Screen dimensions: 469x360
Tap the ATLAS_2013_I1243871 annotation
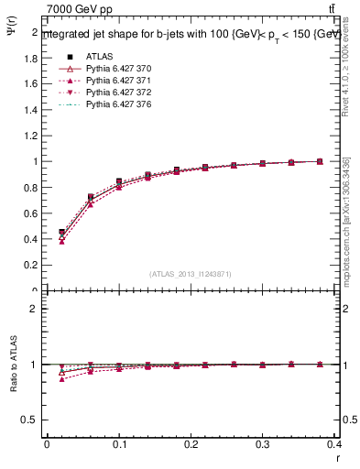pyautogui.click(x=191, y=274)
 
